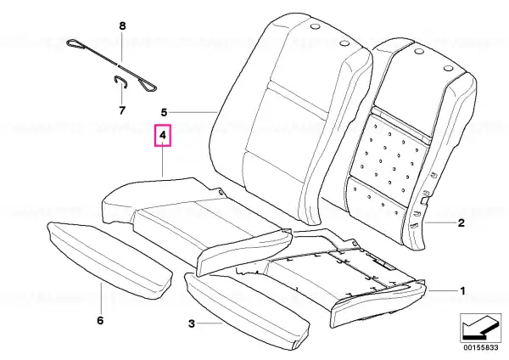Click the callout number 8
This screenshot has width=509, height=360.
tap(122, 26)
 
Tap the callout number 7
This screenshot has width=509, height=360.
tap(121, 110)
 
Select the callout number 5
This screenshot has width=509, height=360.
tap(164, 112)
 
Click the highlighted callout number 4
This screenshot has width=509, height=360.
tap(163, 135)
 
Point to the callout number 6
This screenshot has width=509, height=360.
tap(100, 320)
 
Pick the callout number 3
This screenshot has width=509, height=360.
tap(192, 323)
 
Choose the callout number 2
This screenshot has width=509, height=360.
tap(461, 223)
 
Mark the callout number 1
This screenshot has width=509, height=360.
tap(462, 290)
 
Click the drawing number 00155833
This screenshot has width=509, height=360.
tap(480, 347)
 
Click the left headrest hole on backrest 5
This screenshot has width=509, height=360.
tap(315, 27)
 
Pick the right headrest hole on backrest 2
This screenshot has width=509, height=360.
tap(448, 69)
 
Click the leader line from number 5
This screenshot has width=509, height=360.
tap(193, 112)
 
